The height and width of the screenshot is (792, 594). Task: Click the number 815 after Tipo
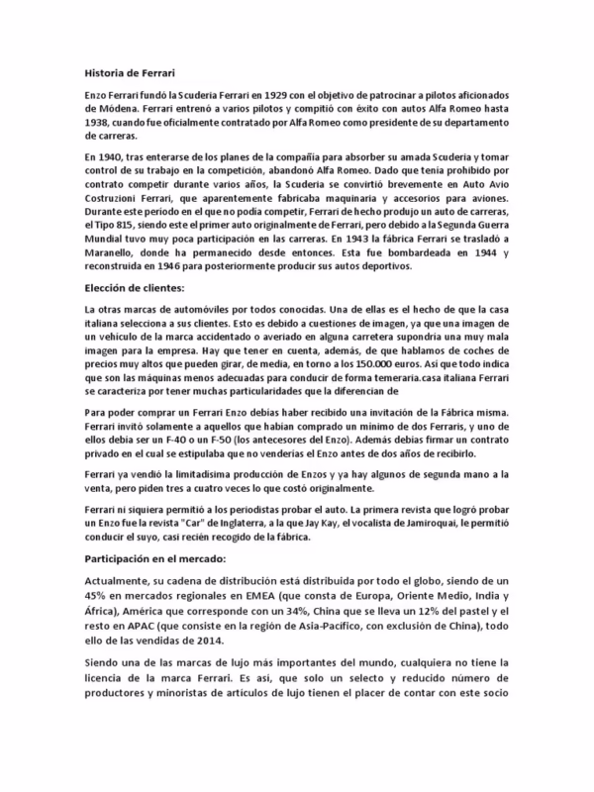[159, 226]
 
